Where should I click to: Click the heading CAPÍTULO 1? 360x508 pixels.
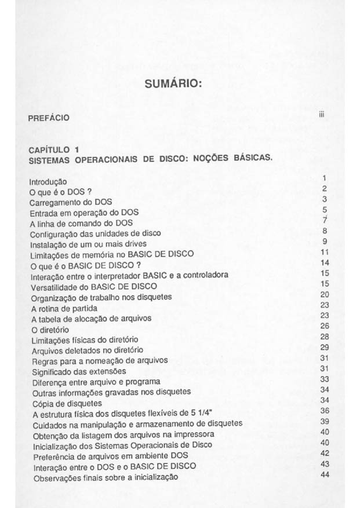53,151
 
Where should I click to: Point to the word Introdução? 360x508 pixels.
48,182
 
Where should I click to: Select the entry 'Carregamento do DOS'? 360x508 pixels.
69,202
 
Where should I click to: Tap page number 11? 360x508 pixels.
324,252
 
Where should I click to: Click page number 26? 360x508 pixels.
324,326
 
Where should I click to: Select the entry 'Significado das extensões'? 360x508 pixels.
79,371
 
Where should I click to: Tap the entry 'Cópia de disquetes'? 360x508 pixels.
67,403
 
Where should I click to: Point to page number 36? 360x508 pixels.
324,410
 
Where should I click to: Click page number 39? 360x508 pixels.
324,421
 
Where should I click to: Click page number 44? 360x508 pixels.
324,474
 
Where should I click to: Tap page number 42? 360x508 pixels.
324,453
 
